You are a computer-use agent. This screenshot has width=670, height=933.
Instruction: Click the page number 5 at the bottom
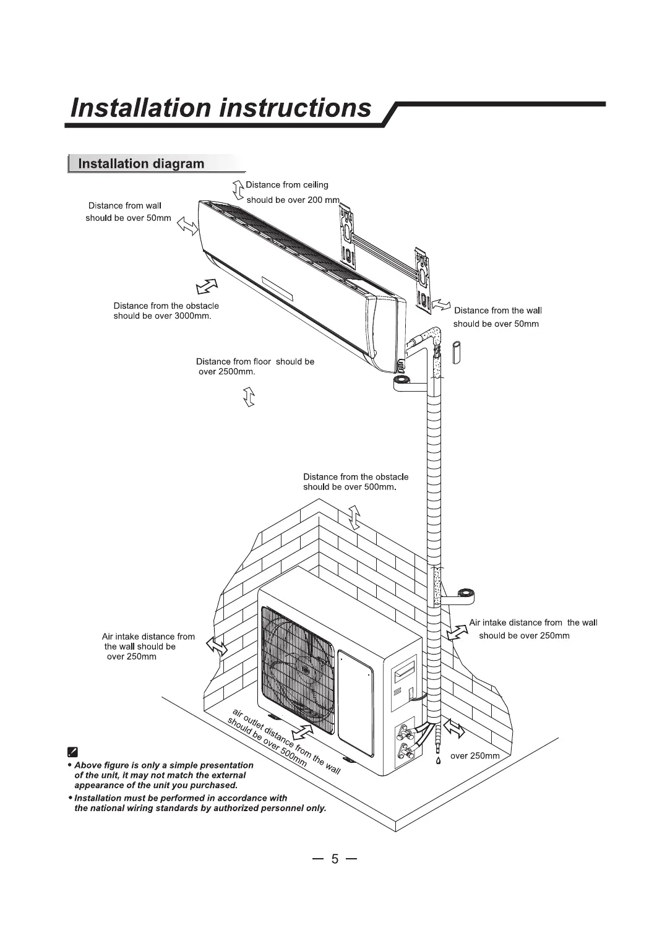[335, 859]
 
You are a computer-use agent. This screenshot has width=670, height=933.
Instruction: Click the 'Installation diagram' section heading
[141, 164]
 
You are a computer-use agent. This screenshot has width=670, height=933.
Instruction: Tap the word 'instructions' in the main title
[296, 108]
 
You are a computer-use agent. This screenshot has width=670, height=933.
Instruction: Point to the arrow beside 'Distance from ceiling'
[238, 190]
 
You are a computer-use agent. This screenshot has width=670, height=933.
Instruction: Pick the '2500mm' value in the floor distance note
[234, 372]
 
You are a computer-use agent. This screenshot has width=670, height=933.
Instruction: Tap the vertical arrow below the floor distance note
[249, 396]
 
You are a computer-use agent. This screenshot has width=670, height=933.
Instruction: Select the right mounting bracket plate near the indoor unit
[423, 276]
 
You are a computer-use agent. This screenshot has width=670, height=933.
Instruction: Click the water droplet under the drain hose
[438, 760]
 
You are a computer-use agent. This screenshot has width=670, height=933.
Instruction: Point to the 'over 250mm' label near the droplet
[475, 755]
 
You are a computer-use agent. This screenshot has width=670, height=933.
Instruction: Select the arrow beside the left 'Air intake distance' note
[217, 647]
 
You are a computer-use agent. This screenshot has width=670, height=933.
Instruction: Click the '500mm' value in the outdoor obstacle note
[379, 487]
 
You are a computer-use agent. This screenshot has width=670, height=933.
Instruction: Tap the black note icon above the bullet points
[72, 752]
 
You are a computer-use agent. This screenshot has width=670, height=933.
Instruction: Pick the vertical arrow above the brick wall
[354, 517]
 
